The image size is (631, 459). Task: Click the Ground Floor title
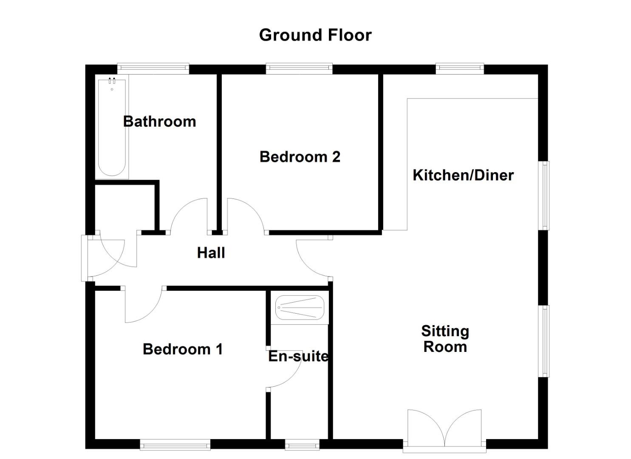tap(315, 35)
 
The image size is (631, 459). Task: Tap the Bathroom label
tap(159, 122)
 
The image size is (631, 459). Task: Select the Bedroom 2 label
tap(300, 157)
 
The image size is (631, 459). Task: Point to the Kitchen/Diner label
tap(463, 175)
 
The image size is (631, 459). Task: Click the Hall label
tap(211, 253)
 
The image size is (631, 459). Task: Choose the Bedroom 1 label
tap(183, 349)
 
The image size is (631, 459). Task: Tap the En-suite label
tap(298, 356)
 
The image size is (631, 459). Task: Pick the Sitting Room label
tap(445, 339)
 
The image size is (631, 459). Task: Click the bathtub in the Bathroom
tap(112, 127)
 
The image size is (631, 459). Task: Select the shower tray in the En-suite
tap(300, 307)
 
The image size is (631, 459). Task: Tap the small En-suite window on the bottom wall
tap(302, 445)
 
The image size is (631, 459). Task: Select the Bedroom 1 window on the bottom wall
tap(175, 445)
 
